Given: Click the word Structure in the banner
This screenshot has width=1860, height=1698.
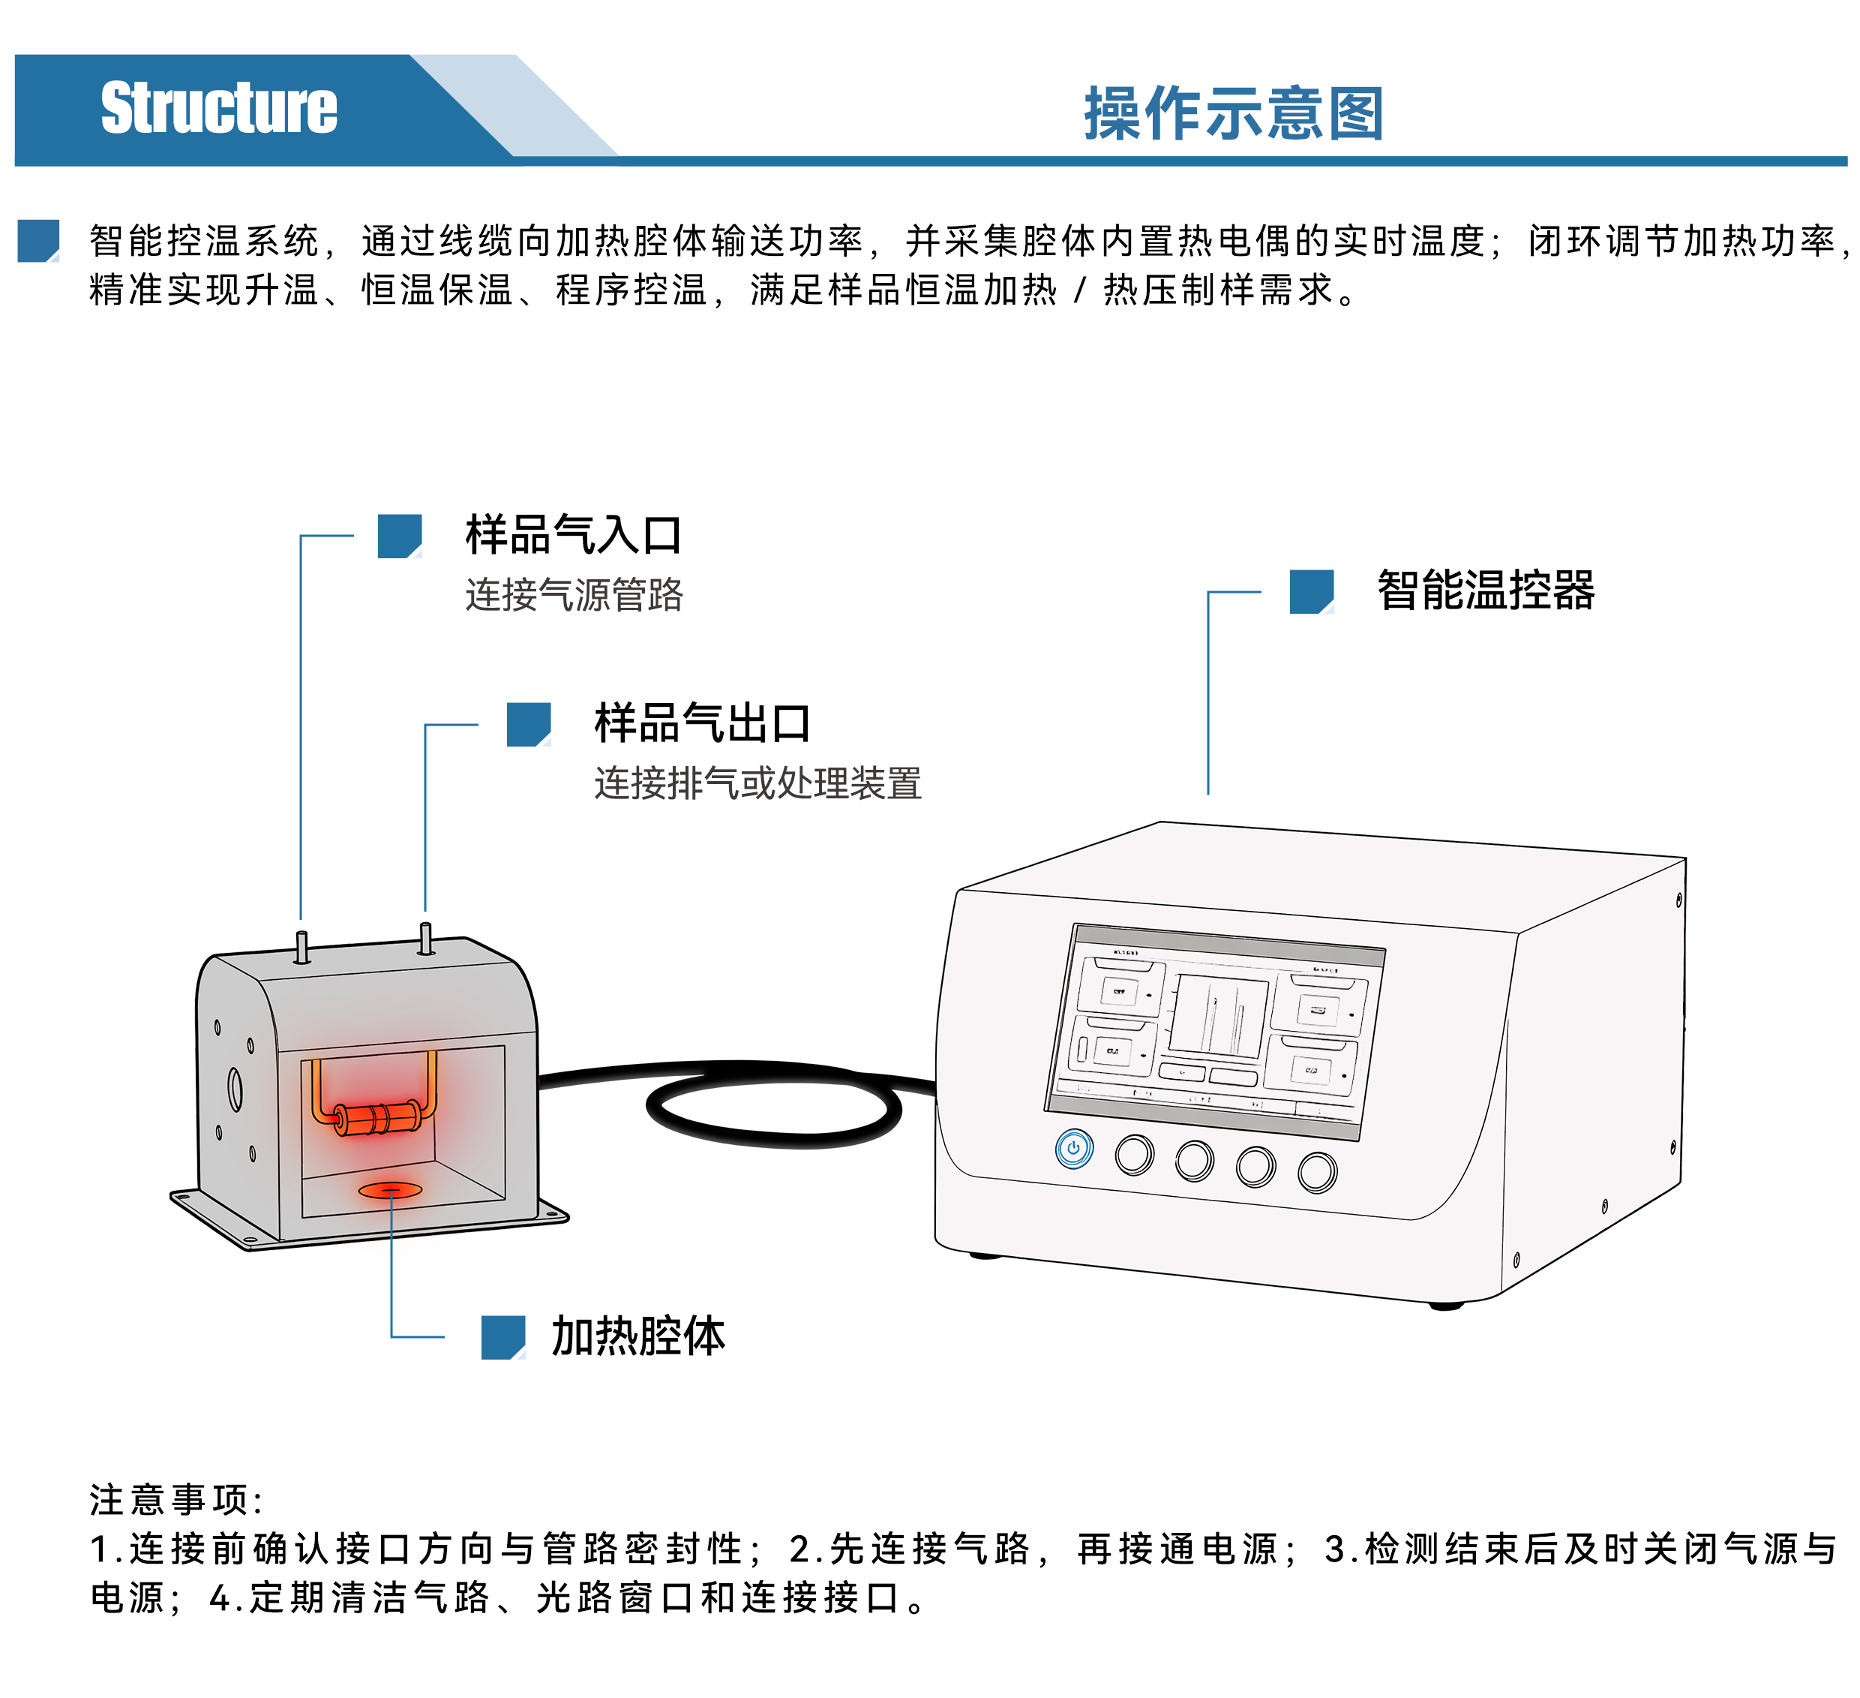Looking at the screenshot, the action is click(x=219, y=108).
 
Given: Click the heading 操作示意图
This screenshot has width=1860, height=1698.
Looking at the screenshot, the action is click(x=1234, y=113).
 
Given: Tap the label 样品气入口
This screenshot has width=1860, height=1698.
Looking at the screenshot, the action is click(x=573, y=535).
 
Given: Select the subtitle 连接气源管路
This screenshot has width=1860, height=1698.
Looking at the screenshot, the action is click(x=574, y=594).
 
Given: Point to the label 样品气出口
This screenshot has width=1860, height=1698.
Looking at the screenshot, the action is click(x=702, y=723).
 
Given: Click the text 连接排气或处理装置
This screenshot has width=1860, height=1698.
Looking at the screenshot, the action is click(x=757, y=783).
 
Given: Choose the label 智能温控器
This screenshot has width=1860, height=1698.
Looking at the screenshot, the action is click(x=1486, y=591).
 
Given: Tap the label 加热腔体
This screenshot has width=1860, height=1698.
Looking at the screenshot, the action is click(x=638, y=1336).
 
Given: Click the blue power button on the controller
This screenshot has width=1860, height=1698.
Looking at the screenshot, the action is click(x=1073, y=1149).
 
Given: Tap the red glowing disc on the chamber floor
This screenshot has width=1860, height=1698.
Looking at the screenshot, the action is click(x=390, y=1191).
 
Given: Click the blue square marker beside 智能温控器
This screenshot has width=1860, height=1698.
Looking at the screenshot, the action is click(x=1311, y=591).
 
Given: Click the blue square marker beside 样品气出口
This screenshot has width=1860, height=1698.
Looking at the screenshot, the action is click(x=529, y=724).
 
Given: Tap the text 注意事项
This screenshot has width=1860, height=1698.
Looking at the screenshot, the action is click(x=175, y=1500).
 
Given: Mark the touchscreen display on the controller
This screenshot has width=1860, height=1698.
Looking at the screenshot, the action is click(x=1214, y=1032).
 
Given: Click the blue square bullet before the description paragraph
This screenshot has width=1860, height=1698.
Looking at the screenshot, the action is click(x=39, y=241).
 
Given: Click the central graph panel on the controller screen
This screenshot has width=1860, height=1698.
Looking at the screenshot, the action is click(x=1218, y=1015).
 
